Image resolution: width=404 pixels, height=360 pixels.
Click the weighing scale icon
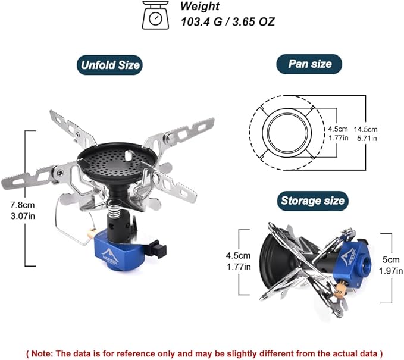coord(156,15)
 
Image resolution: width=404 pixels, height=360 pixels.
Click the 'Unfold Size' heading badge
coord(109,65)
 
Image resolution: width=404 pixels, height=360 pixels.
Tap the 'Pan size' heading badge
coord(309,64)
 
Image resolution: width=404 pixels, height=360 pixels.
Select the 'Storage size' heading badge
coord(313,201)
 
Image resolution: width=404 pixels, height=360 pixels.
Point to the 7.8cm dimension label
coord(23,205)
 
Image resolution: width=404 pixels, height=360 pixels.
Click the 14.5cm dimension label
coord(365,129)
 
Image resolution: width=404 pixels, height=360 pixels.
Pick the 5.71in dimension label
coord(367,139)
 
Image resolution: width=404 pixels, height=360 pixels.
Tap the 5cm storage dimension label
coord(390,259)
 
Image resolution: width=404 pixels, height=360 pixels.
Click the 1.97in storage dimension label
coord(391,271)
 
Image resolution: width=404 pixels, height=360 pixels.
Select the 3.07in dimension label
coord(23,216)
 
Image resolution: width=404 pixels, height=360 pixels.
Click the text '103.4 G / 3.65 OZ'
coord(228,21)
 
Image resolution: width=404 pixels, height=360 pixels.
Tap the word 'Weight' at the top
coord(200,6)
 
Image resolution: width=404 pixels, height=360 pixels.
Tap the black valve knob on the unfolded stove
coord(158,248)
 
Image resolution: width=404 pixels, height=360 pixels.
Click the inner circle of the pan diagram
coord(287,133)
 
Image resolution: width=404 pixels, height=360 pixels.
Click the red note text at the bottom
coord(205,353)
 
